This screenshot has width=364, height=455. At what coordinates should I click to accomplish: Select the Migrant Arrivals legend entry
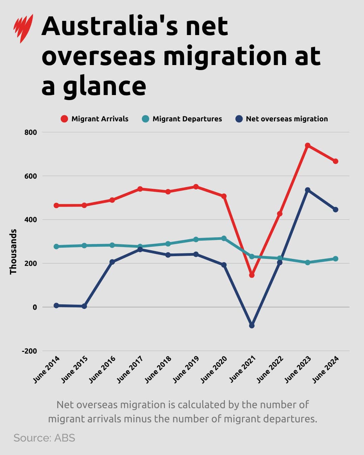click(x=95, y=119)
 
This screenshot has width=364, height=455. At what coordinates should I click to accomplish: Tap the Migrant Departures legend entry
click(x=182, y=119)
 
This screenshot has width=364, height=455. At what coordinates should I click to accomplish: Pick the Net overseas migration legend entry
click(x=281, y=119)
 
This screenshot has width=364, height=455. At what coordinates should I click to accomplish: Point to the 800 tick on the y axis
click(x=30, y=132)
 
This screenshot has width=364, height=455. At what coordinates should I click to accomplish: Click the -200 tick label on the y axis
click(x=29, y=351)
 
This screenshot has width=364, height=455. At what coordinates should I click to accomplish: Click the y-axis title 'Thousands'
click(x=13, y=251)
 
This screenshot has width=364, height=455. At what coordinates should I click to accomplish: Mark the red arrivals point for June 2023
click(x=307, y=146)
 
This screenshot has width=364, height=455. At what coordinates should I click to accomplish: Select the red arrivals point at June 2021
click(x=252, y=275)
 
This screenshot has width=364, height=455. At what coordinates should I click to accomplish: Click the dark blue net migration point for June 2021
click(x=252, y=326)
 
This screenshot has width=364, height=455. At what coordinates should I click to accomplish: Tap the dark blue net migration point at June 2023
click(x=307, y=190)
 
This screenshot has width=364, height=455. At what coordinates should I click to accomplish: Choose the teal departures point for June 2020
click(x=224, y=238)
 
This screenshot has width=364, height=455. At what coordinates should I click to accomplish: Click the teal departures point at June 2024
click(x=336, y=259)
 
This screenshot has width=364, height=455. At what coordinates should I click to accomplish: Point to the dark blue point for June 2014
click(x=56, y=305)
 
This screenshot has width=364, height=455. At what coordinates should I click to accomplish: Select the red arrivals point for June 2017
click(x=140, y=189)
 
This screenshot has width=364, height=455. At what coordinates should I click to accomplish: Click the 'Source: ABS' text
click(x=44, y=438)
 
